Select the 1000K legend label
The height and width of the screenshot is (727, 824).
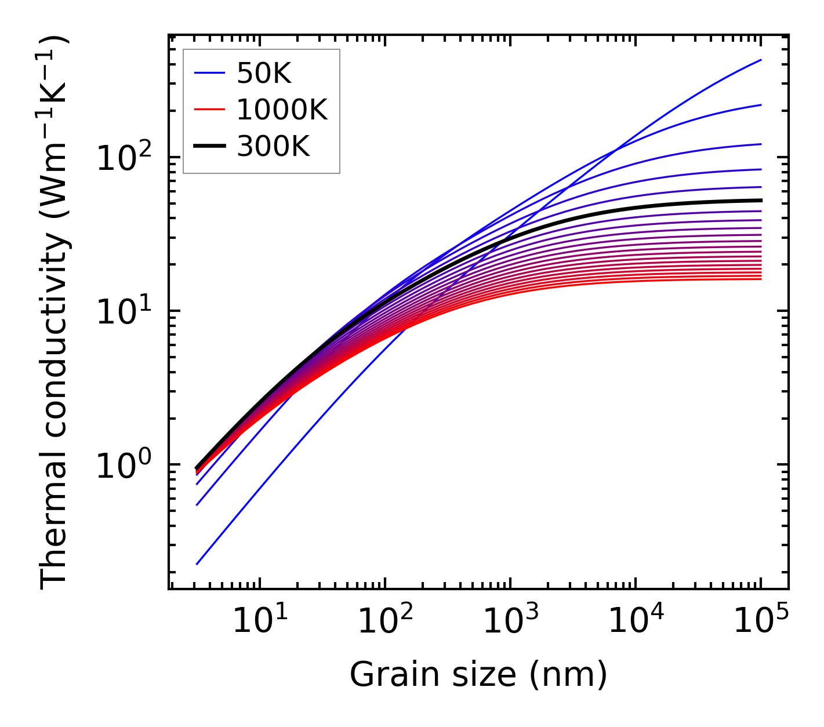tap(282, 110)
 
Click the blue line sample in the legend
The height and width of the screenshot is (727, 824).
tap(209, 73)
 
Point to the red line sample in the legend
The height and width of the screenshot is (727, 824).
tap(209, 110)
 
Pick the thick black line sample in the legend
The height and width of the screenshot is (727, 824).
tap(209, 147)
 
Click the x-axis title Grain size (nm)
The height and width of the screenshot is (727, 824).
tap(478, 675)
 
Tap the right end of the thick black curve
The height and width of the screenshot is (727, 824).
tap(760, 201)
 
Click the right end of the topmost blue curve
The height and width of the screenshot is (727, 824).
tap(760, 60)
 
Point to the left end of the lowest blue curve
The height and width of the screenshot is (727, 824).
tap(197, 564)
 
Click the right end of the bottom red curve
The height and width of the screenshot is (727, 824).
tap(760, 279)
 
